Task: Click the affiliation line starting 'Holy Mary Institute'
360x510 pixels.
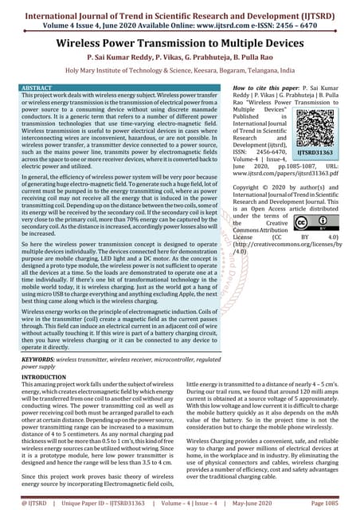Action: [x=180, y=70]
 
